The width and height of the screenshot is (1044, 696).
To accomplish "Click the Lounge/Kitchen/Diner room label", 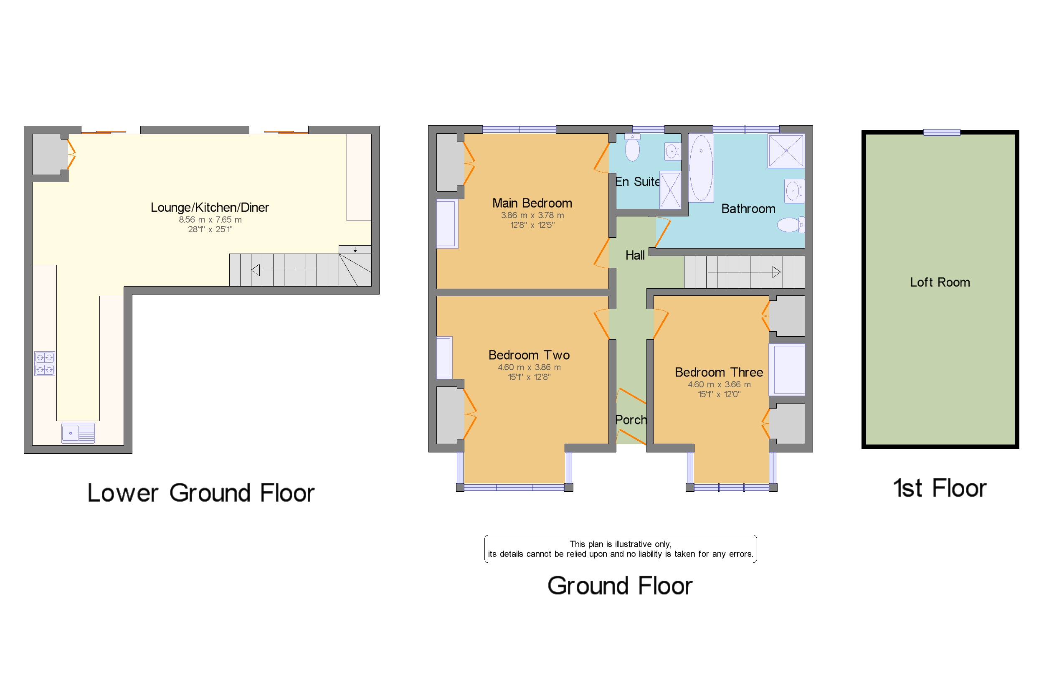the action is click(209, 208).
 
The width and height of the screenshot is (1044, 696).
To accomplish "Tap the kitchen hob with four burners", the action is click(44, 363).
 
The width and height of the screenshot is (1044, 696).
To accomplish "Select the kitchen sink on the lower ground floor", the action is click(78, 433).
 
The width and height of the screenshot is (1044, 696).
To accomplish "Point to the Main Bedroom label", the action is click(532, 203).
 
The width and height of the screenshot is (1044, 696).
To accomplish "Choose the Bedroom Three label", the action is click(719, 372).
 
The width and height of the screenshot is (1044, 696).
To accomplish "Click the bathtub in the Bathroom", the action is click(701, 168).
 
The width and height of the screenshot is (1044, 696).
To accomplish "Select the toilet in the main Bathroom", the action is click(791, 225).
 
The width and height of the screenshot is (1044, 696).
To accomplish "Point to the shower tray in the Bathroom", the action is click(786, 150).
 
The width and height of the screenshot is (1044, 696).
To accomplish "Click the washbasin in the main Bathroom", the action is click(794, 191).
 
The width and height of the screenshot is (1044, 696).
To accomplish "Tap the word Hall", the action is click(635, 255).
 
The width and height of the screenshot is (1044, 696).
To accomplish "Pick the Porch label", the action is click(631, 419).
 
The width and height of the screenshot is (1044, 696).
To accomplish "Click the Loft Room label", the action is click(940, 282).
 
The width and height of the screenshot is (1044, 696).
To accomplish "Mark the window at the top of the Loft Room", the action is click(942, 132).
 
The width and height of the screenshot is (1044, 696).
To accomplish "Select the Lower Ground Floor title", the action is click(200, 493).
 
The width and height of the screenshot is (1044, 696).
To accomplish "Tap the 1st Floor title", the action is click(940, 488).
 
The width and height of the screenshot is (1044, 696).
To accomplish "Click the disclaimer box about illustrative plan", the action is click(620, 549).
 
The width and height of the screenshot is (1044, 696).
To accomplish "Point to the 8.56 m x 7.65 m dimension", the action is click(210, 220).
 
